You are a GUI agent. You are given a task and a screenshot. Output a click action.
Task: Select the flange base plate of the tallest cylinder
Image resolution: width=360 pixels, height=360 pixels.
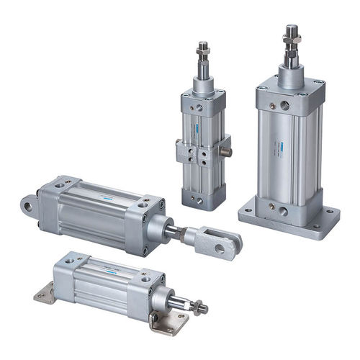click(289, 220)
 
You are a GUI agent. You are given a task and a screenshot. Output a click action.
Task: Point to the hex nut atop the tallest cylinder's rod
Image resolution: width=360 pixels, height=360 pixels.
click(292, 33)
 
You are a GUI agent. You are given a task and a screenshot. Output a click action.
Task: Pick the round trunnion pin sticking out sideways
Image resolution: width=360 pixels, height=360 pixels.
click(228, 152)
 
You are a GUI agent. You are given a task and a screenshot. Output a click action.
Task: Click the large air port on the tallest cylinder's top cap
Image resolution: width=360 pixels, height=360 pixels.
click(285, 105)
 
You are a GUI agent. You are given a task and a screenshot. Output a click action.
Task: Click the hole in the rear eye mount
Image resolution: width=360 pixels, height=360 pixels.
click(27, 207)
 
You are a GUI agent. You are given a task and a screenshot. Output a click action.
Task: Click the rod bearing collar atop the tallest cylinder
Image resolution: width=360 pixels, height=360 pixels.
click(291, 76)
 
